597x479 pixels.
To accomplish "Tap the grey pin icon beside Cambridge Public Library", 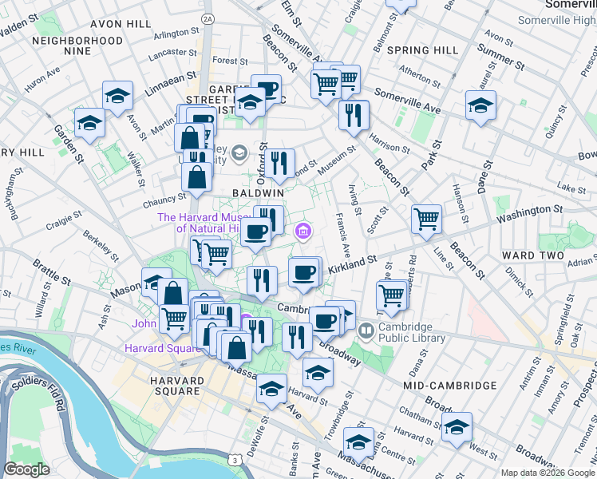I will click(366, 328).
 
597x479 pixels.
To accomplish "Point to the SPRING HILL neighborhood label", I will click(422, 50).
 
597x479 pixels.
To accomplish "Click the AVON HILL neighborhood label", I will click(121, 24).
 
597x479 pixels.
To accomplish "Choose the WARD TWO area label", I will click(528, 255).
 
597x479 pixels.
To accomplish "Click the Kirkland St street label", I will click(353, 263).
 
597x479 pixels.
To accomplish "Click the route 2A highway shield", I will click(208, 18).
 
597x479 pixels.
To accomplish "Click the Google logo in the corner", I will click(26, 469).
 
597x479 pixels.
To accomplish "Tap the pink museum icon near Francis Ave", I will click(302, 232).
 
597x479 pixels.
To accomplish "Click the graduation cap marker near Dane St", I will click(480, 105).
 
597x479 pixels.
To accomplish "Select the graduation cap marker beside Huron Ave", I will click(118, 97).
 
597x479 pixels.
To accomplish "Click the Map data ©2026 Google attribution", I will click(548, 472).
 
